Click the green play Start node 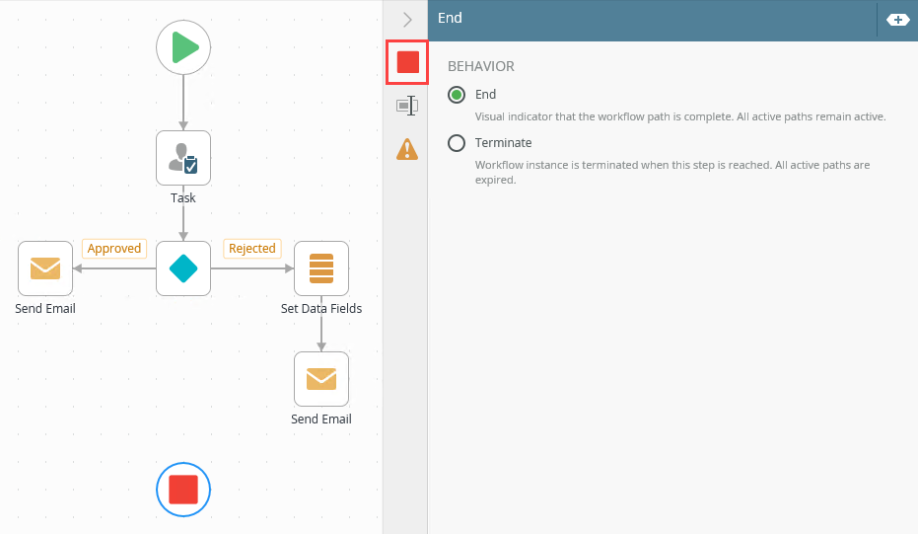click(183, 47)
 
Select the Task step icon click(183, 158)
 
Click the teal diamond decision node click(183, 268)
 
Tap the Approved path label click(114, 249)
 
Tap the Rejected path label click(251, 249)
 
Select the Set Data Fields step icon click(321, 268)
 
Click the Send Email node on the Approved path click(45, 268)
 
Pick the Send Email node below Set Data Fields click(321, 379)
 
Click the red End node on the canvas click(183, 490)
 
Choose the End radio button click(457, 95)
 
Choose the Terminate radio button click(457, 143)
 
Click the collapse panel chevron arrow click(407, 19)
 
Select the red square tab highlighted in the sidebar click(407, 62)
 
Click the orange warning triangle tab click(407, 149)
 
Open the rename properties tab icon click(407, 106)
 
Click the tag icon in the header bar click(897, 20)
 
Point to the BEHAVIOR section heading click(481, 66)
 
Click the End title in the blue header click(450, 18)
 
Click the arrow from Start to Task click(183, 103)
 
